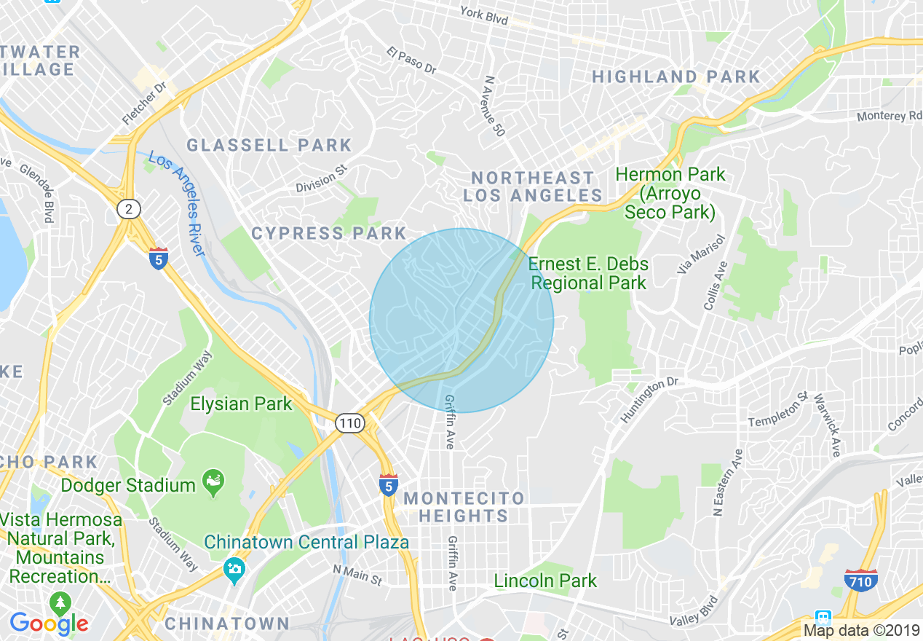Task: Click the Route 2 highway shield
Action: pos(129,210)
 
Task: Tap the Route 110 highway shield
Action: pos(349,422)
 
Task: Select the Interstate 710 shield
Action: pos(860,580)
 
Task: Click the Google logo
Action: pos(49,624)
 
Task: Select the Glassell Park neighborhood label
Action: pos(269,146)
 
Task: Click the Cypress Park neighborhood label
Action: pos(328,234)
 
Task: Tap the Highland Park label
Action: pos(676,77)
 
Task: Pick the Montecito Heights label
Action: pos(464,507)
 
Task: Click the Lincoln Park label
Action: pos(545,581)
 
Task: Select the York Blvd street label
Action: pos(484,15)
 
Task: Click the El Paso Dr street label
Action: pos(411,61)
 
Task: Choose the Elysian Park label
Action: pos(241,404)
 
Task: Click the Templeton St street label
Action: pos(778,410)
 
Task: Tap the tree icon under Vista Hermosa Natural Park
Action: pos(60,602)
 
